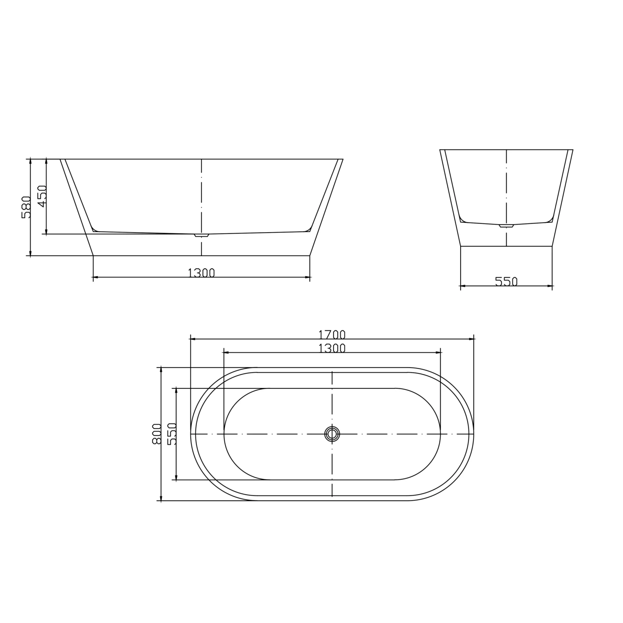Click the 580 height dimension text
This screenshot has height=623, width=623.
pos(25,207)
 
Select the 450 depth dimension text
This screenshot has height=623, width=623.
pos(41,196)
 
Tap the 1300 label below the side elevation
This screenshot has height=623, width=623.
pos(201,273)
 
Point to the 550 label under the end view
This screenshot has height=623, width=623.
pos(506,282)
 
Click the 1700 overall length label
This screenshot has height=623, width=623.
pos(332,334)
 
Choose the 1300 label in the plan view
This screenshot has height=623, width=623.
pos(332,348)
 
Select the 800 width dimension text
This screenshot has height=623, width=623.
pos(156,434)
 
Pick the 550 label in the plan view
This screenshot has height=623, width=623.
pos(172,434)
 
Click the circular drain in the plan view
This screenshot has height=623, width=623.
pos(332,434)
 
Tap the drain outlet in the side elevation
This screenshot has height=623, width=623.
pos(202,235)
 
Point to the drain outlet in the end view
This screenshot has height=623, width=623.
pos(506,226)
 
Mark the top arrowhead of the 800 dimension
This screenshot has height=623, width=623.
pos(161,370)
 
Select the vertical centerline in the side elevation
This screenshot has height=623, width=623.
pos(201,195)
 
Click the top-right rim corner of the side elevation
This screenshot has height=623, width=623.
pos(343,159)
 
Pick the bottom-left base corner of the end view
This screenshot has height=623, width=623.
pos(461,246)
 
